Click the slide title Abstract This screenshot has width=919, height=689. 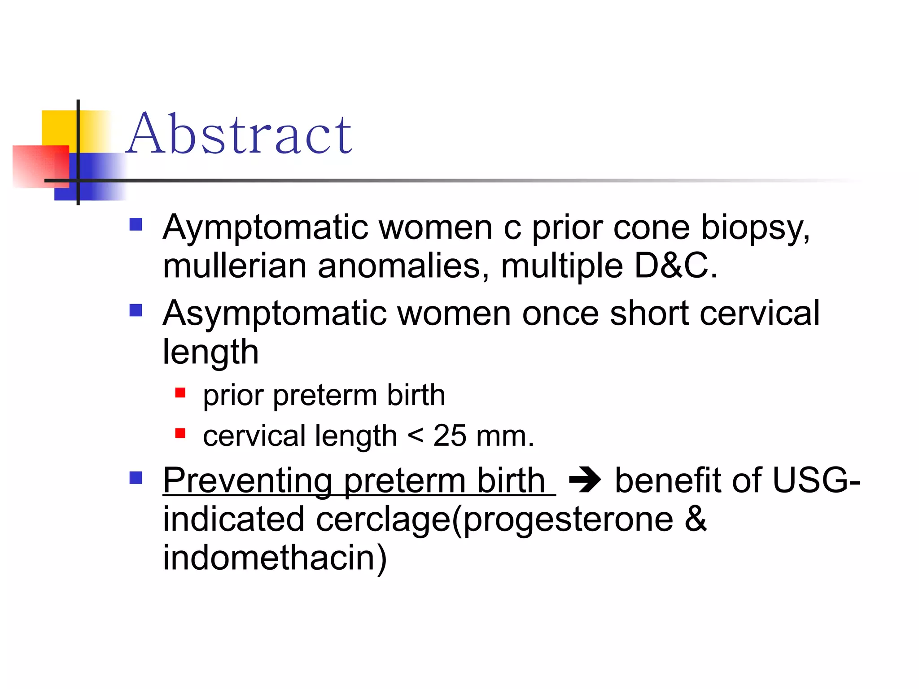click(x=239, y=134)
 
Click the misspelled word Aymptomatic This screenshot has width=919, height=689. click(x=265, y=228)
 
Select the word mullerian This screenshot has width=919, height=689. click(x=235, y=266)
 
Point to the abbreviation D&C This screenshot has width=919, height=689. click(x=675, y=266)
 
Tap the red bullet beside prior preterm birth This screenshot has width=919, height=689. click(x=180, y=393)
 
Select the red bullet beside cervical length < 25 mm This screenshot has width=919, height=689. click(x=180, y=433)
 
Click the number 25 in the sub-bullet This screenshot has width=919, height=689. click(x=450, y=436)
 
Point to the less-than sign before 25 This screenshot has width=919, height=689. click(x=416, y=436)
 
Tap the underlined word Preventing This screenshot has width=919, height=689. click(x=248, y=481)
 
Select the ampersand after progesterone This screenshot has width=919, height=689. click(x=695, y=519)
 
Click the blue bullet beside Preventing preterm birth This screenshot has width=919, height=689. click(x=136, y=478)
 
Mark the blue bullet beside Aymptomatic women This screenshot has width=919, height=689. click(x=136, y=224)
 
